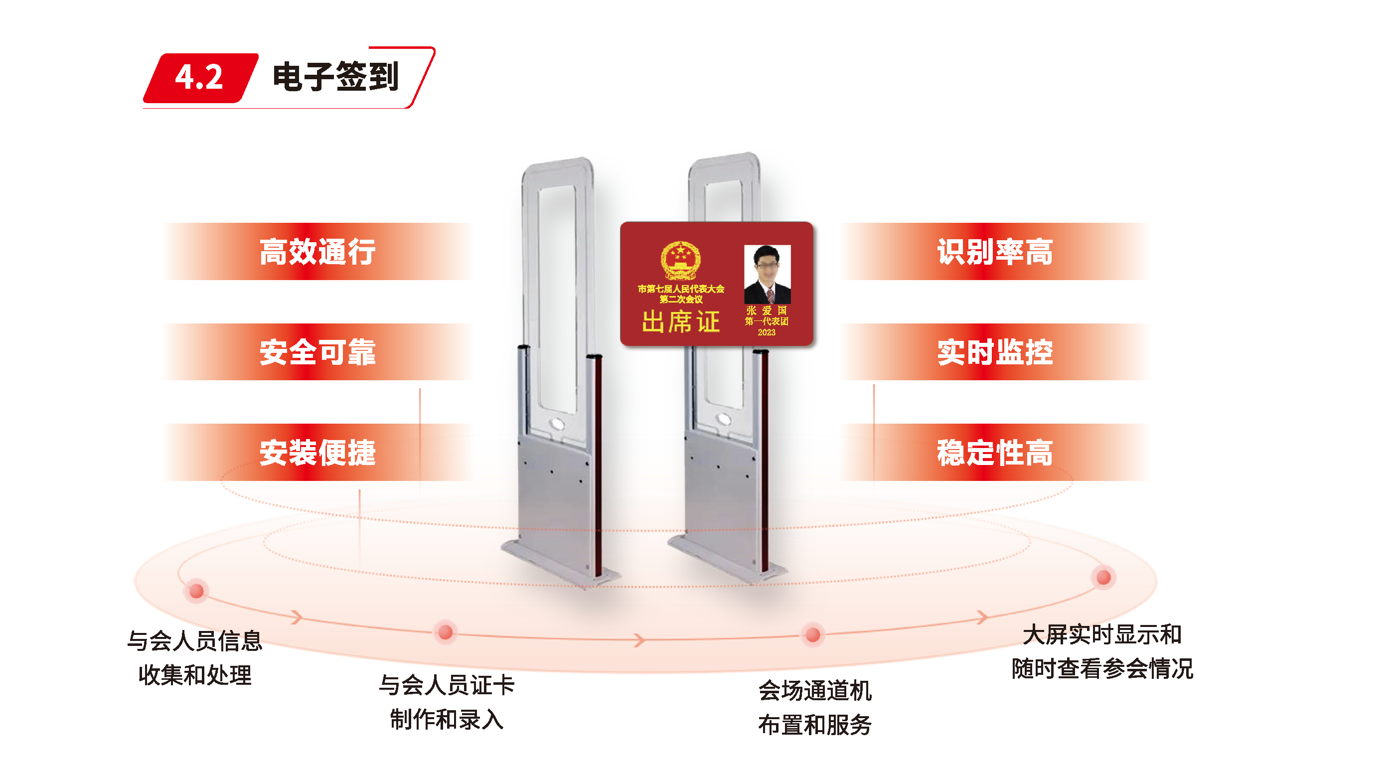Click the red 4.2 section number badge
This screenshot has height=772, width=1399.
[199, 78]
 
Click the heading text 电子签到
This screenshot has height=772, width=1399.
[335, 77]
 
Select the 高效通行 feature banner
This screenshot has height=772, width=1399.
[317, 252]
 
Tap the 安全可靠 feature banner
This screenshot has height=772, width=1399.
[317, 352]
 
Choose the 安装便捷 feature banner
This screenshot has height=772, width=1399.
[317, 453]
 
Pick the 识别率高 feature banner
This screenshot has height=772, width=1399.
[995, 252]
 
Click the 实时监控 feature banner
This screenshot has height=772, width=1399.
[995, 352]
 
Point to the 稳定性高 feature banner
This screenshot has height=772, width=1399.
[995, 453]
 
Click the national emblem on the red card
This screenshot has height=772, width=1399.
[680, 261]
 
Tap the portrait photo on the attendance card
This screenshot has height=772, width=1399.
[767, 274]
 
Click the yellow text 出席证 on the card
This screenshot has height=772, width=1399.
[681, 321]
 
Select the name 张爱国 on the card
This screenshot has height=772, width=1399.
[767, 310]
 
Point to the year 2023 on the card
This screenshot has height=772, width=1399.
[767, 332]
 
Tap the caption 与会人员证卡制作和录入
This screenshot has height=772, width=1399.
[447, 702]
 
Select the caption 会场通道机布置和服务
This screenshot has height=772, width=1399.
[815, 707]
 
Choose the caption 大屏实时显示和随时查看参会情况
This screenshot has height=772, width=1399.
[1102, 651]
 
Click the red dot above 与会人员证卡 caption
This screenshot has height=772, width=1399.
[446, 632]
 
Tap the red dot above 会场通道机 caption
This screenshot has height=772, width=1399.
[813, 634]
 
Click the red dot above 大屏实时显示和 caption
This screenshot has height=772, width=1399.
[1103, 577]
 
